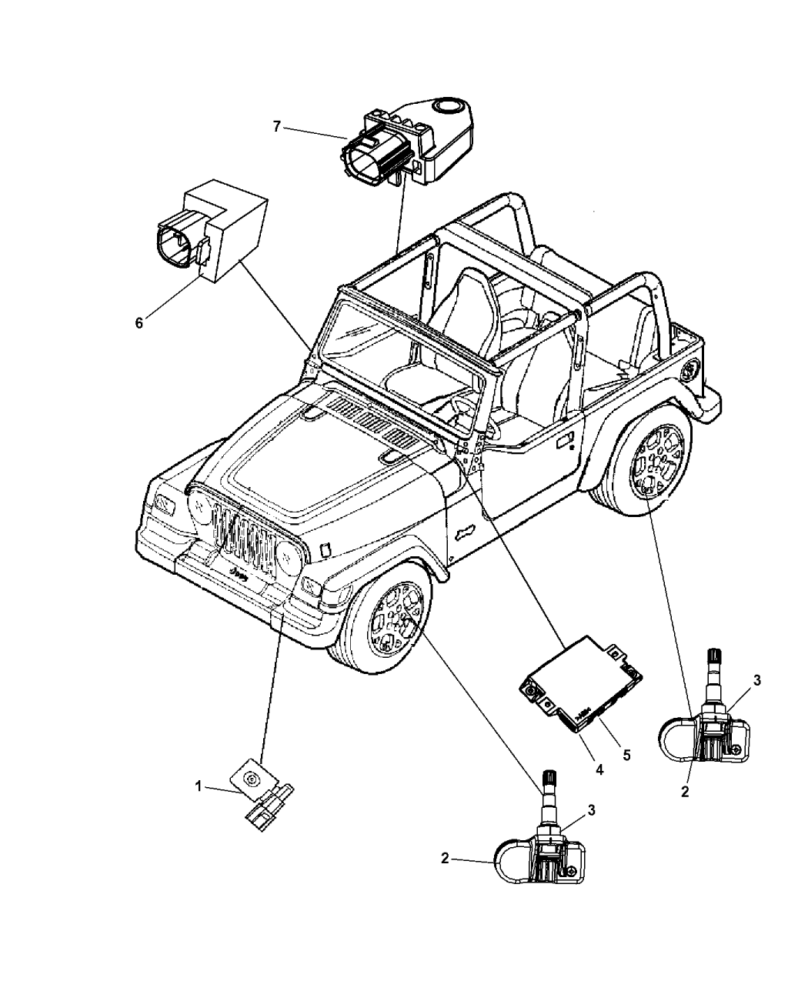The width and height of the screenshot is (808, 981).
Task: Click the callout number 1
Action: point(198,786)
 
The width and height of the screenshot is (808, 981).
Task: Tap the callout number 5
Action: point(626,755)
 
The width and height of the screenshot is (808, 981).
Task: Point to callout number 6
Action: point(139,323)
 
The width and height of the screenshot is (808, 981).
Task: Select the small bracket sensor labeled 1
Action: point(266,799)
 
